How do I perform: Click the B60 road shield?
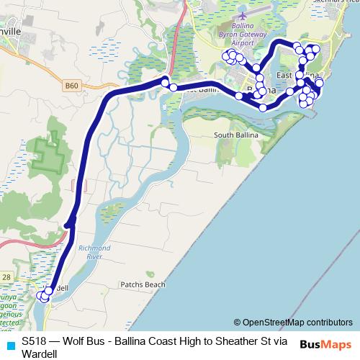71,85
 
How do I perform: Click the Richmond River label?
96,251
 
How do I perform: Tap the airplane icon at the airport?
242,14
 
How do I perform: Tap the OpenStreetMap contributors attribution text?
297,323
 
